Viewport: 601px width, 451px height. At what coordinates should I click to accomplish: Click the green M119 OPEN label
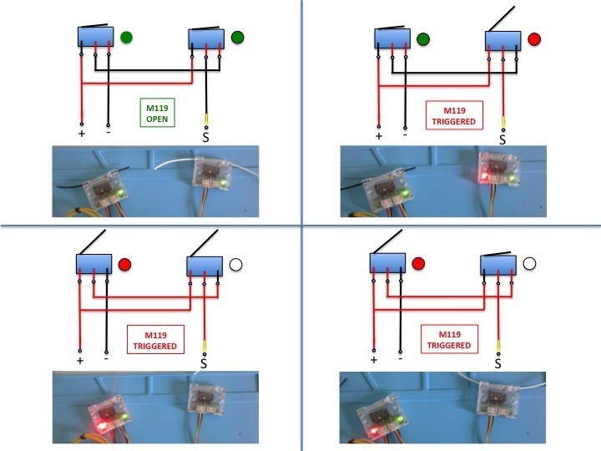[157, 113]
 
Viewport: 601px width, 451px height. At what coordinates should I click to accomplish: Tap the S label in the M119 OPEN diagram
[206, 138]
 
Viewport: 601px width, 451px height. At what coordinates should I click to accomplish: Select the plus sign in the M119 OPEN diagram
[81, 134]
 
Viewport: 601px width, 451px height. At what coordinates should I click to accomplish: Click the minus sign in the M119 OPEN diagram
[109, 132]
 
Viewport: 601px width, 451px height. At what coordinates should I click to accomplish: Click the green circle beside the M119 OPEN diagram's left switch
[126, 38]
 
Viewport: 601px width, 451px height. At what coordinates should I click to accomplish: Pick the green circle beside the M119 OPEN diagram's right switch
[238, 38]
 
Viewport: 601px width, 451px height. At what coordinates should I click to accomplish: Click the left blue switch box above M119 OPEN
[95, 37]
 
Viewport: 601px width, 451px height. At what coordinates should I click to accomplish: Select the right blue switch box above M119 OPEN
[206, 39]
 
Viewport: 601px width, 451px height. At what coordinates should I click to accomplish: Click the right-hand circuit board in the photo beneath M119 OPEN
[212, 174]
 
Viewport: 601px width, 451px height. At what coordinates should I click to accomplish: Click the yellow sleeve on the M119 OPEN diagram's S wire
[206, 119]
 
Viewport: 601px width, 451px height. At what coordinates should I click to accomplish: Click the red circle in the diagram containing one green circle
[534, 39]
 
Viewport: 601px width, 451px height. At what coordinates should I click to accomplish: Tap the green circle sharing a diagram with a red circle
[422, 39]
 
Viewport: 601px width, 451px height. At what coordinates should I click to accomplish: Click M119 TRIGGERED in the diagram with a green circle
[454, 116]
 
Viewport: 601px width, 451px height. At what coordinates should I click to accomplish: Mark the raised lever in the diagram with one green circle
[501, 19]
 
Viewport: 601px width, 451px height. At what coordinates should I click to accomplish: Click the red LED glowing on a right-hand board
[484, 175]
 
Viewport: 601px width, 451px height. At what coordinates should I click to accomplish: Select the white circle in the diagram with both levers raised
[235, 265]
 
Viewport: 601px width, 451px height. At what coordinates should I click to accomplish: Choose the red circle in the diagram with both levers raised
[125, 265]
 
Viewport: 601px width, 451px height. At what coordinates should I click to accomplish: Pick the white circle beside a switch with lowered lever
[529, 263]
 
